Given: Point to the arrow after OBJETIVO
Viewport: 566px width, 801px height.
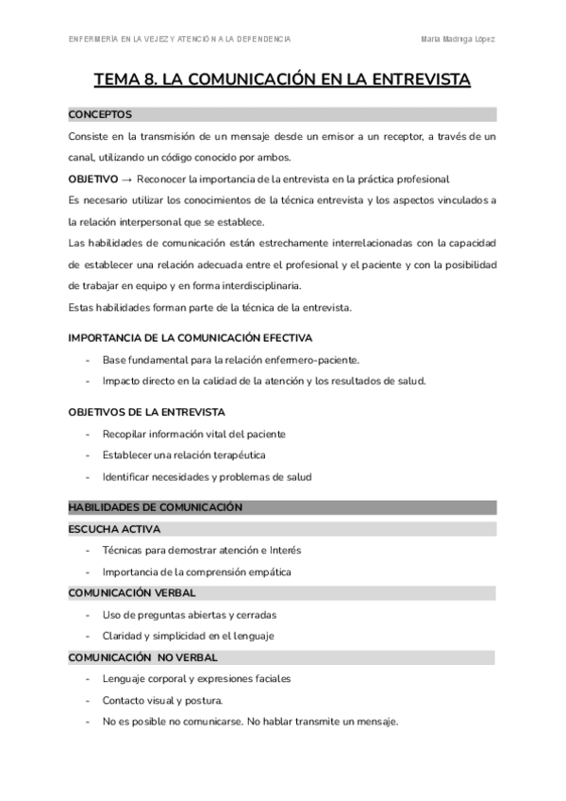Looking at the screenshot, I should [x=127, y=179].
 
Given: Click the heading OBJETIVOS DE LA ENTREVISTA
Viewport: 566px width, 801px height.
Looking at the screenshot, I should [x=146, y=412].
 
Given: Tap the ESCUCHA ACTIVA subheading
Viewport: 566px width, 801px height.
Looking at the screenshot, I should [x=114, y=529].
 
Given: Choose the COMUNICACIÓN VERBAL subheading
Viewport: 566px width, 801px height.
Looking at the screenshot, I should [x=132, y=592].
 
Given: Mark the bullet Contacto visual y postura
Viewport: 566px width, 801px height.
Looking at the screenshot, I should [x=162, y=700].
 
